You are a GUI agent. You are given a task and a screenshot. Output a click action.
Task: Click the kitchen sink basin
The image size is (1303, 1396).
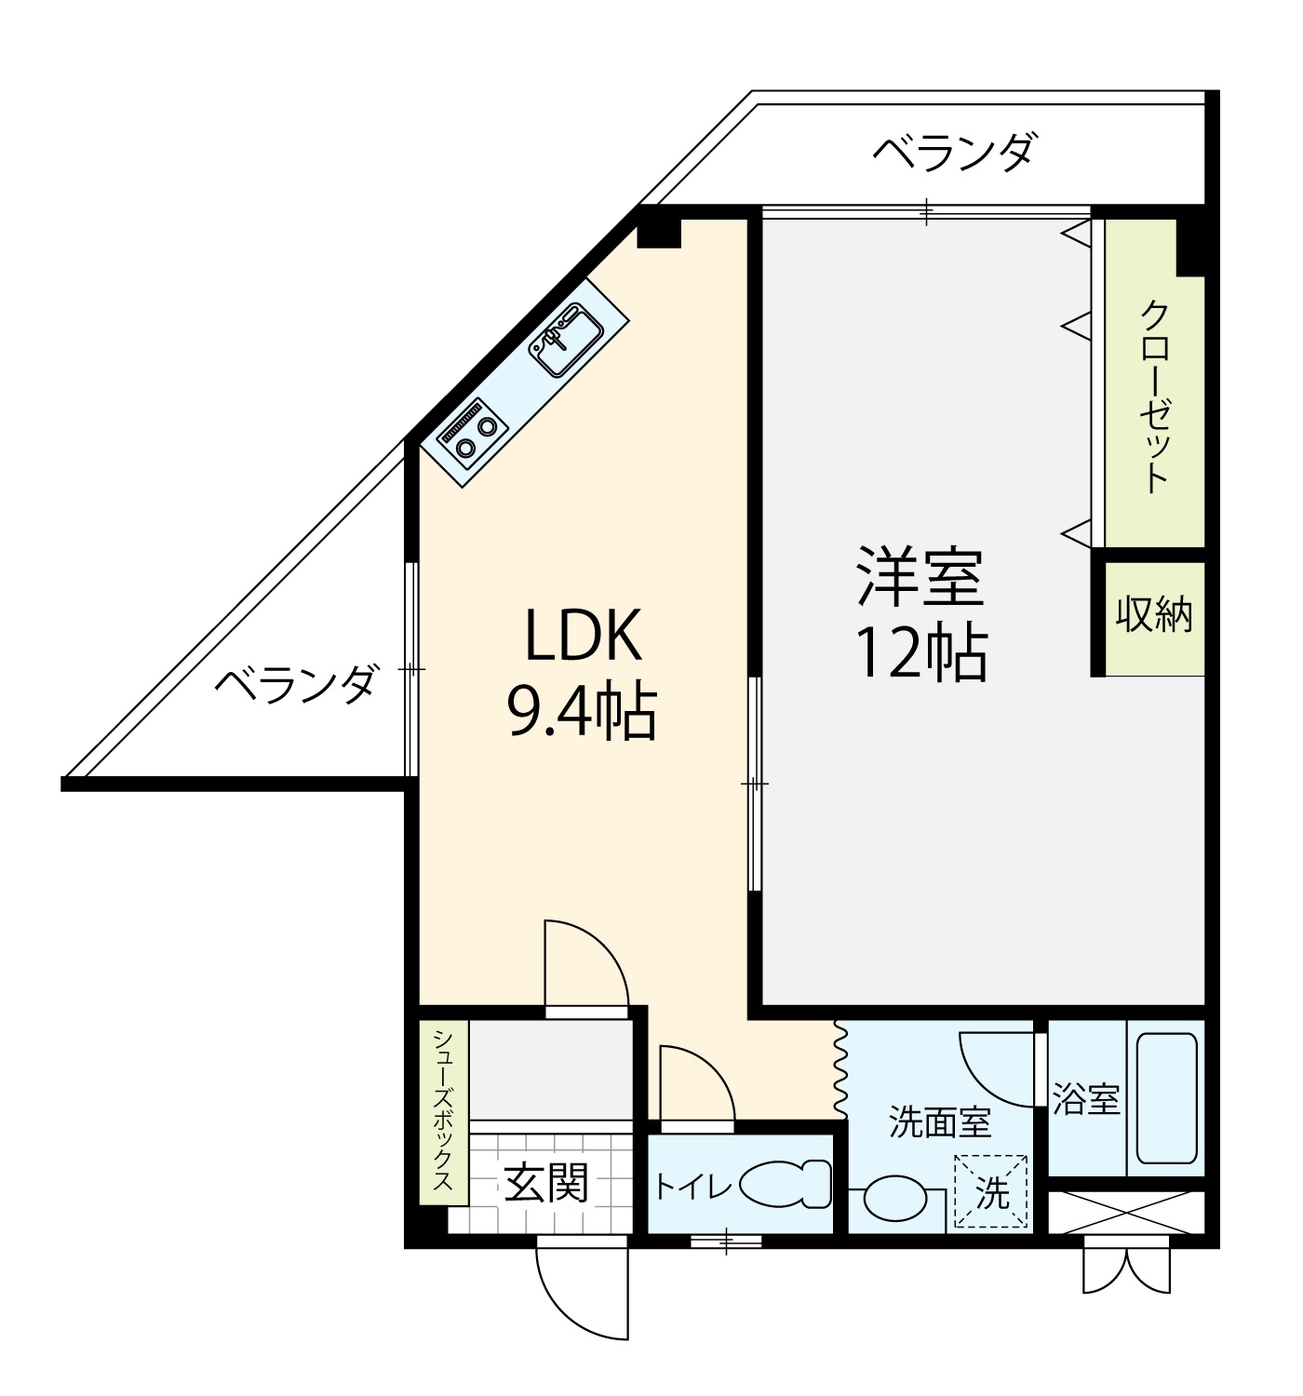pos(565,341)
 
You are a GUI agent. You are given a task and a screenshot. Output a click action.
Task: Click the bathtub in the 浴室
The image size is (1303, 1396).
pos(1165,1098)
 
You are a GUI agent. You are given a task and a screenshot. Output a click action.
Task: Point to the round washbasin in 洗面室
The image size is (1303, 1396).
pos(893,1199)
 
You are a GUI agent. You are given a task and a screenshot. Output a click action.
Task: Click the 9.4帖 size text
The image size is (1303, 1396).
pos(582,712)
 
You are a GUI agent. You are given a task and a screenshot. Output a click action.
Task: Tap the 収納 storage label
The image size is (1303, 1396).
pos(1154,614)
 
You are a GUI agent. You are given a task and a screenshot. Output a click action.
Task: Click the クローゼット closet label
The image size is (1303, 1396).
pos(1154,396)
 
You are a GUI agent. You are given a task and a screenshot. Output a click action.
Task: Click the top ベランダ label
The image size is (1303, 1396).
pos(953,152)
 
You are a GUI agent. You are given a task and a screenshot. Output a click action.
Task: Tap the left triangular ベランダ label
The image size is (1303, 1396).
pos(297,684)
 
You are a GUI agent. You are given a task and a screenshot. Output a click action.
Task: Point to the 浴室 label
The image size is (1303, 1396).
pos(1086,1099)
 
